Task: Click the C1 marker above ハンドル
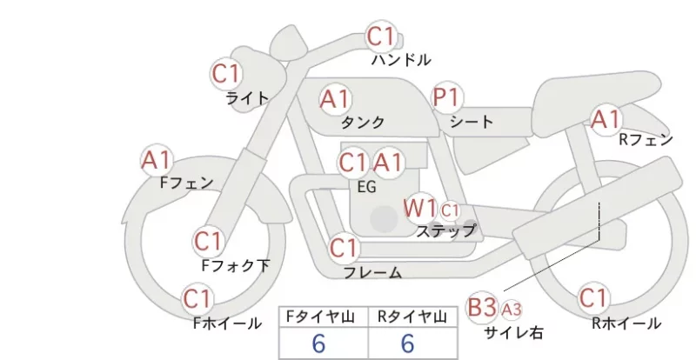381,37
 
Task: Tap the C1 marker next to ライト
226,74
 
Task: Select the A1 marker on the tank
335,99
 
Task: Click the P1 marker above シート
446,97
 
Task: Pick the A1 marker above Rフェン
606,119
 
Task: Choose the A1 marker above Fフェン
157,160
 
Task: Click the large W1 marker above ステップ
419,208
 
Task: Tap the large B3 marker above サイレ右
482,307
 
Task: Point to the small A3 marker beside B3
512,310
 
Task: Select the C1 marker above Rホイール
593,298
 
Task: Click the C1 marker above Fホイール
197,299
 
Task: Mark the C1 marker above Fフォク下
208,242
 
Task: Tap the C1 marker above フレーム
344,248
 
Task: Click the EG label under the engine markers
366,187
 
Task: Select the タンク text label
363,122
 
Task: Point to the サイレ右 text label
513,332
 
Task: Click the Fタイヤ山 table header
320,317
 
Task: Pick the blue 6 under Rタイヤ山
407,343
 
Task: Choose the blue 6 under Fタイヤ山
318,343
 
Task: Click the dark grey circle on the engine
384,219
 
